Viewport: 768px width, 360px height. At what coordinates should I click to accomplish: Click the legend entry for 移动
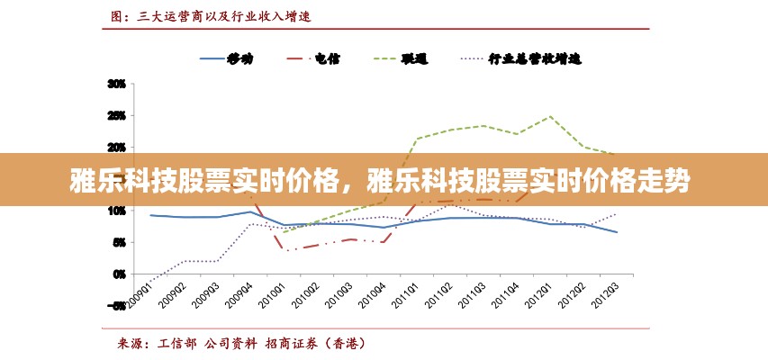click(239, 59)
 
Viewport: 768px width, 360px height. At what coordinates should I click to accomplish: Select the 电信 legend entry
click(326, 59)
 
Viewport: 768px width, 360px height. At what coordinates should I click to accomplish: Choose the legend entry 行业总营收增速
click(535, 59)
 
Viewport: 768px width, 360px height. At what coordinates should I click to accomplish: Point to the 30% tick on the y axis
click(117, 84)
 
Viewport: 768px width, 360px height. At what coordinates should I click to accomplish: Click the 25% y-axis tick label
click(117, 115)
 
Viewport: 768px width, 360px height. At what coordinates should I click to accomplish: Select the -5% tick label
click(118, 306)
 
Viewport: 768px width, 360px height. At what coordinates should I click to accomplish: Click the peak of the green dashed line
click(550, 116)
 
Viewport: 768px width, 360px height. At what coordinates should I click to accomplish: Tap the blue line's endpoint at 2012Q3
click(617, 232)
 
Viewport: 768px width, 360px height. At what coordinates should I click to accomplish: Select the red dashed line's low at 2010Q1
click(286, 250)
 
